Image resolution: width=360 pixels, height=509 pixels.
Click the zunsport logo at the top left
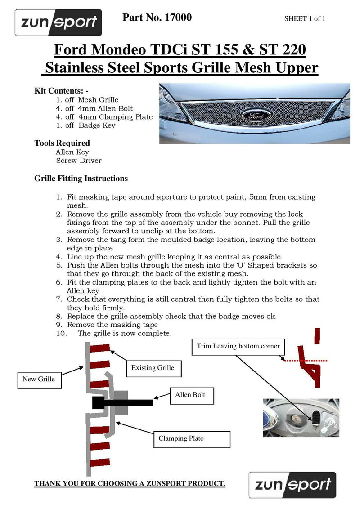point(58,22)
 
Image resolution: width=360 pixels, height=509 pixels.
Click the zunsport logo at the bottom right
point(292,485)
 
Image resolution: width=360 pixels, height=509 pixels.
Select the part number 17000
point(179,18)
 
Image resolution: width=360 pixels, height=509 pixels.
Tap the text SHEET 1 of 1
point(305,19)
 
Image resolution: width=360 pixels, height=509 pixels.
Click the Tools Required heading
point(62,143)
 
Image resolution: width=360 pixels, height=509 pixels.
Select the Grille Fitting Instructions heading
point(81,179)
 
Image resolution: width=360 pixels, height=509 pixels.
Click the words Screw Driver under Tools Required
point(79,161)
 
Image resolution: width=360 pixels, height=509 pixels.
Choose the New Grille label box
point(39,379)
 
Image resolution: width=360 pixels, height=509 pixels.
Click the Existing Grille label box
point(153,368)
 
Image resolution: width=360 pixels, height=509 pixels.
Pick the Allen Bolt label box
point(190,395)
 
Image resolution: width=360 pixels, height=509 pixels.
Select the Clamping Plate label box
point(181,438)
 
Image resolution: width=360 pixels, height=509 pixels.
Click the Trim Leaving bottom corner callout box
point(238,346)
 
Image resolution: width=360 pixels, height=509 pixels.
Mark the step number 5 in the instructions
point(59,265)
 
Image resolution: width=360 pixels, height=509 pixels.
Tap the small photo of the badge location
point(301,418)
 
